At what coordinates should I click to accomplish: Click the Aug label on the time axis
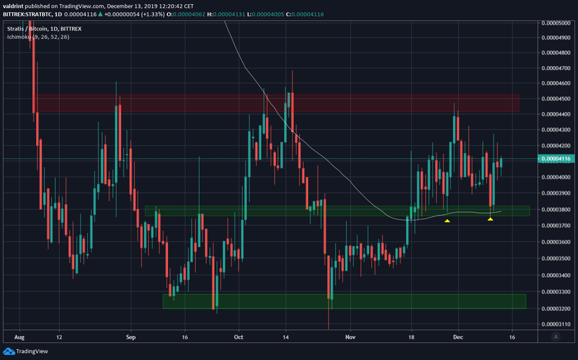19,337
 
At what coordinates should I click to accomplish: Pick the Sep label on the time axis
132,337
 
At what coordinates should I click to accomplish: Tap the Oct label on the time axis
238,337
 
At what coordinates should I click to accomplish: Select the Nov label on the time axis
350,337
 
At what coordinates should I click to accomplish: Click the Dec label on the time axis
458,337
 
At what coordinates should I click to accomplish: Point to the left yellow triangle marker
447,220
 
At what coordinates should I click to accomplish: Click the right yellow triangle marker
490,218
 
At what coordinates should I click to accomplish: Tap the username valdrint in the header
15,5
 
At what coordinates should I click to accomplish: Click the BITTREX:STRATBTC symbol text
31,14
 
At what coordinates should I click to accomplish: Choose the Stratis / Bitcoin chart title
27,28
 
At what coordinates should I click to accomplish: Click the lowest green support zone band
344,301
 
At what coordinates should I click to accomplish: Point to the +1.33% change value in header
193,14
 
